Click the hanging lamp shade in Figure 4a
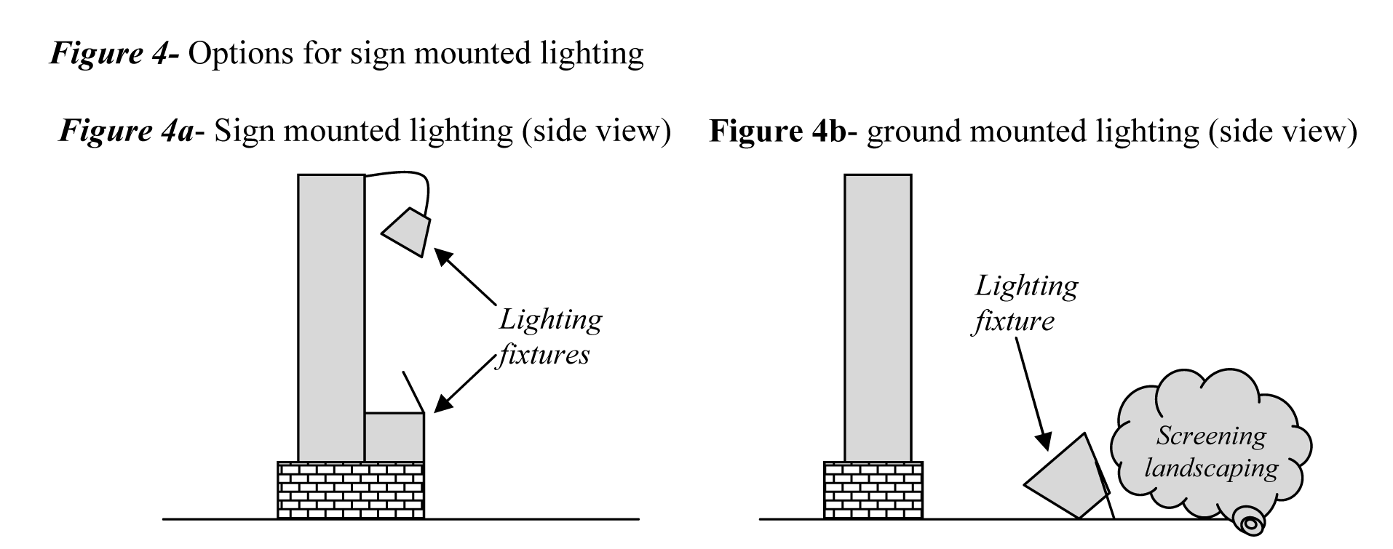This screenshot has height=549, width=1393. coord(407,232)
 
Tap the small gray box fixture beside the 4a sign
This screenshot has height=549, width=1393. coord(394,436)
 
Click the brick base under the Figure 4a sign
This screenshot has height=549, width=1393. coord(351,489)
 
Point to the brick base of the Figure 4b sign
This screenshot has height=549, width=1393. coord(873,489)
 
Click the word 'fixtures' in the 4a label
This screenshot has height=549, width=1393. coord(544,355)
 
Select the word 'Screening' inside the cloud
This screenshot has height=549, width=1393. coord(1211,436)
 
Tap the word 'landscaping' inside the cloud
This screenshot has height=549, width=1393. coord(1211,468)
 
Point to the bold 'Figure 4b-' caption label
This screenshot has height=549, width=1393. coord(783,131)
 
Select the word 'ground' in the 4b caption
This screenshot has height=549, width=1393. coord(914,132)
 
